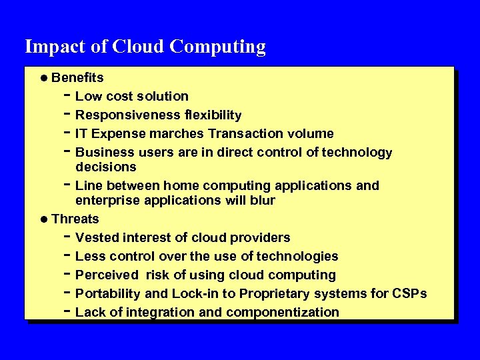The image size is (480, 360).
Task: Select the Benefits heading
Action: [x=77, y=77]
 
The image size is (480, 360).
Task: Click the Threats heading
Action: [x=75, y=219]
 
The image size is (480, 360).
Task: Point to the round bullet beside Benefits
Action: [x=43, y=78]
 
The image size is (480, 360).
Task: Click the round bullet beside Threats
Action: [x=43, y=219]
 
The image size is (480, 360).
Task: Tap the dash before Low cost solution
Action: [x=68, y=96]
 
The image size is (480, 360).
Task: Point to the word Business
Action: [x=103, y=153]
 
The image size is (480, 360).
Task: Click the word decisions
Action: [x=106, y=167]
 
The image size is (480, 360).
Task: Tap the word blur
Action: [x=262, y=200]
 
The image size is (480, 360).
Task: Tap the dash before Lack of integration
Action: [x=68, y=311]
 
